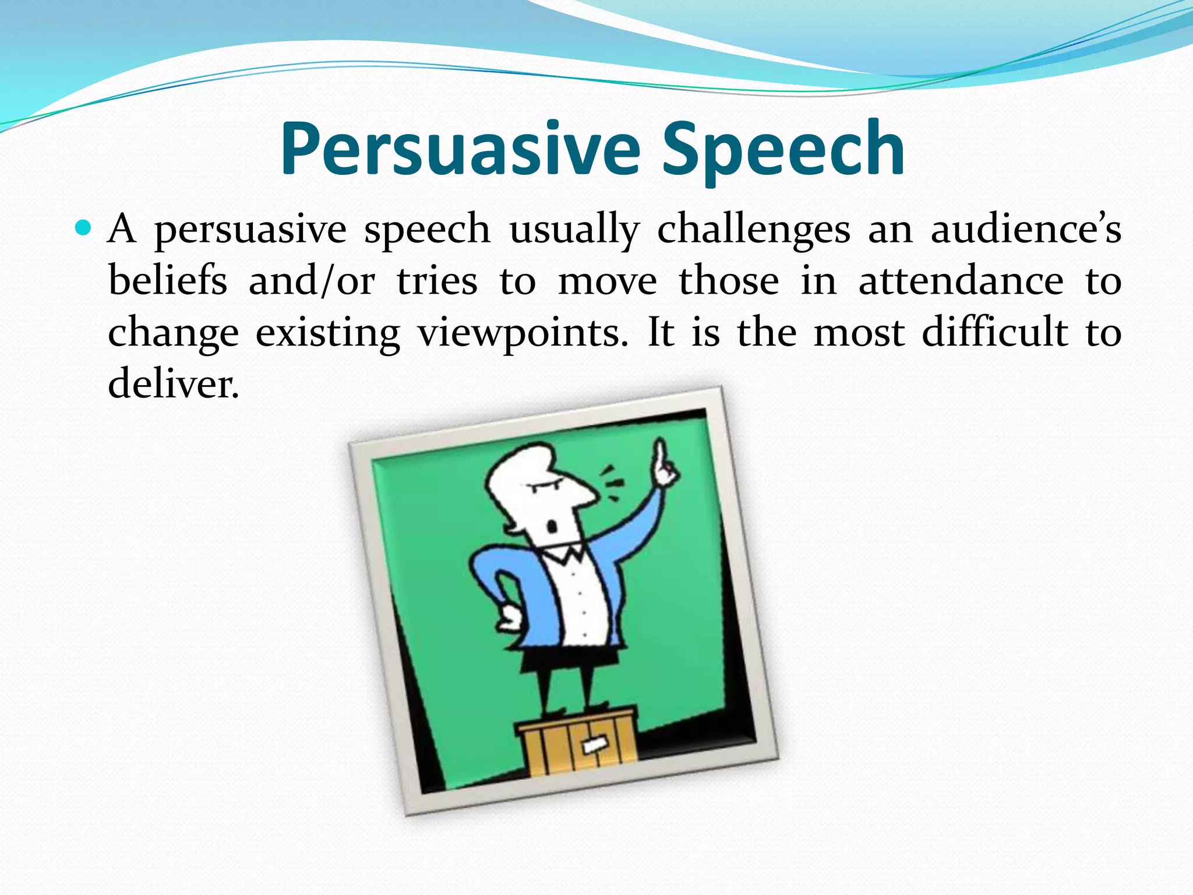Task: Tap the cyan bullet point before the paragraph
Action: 84,228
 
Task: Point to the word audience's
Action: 1025,229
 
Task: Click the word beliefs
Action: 167,281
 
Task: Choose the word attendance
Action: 961,281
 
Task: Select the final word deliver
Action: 173,384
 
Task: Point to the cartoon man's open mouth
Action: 551,527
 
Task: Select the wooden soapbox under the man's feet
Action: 577,743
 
